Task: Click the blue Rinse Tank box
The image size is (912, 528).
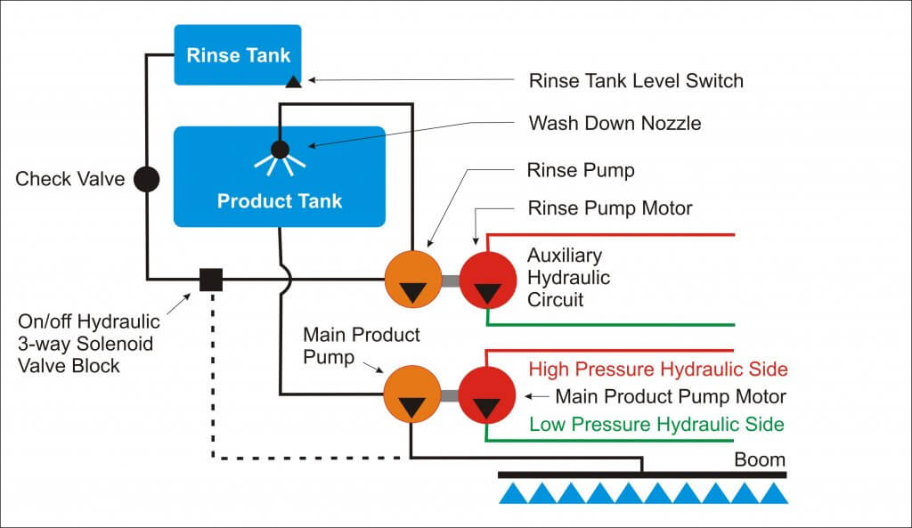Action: click(238, 54)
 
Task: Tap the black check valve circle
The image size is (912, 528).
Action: click(146, 179)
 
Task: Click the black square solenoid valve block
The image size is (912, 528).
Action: click(211, 280)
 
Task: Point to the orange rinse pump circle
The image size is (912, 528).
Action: click(412, 280)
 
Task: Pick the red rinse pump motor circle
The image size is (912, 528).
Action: click(487, 280)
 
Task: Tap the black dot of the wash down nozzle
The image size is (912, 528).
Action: click(280, 150)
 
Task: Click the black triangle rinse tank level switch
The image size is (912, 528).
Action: click(293, 83)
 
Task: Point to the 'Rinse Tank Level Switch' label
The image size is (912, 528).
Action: click(636, 81)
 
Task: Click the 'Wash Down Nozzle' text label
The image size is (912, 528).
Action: click(615, 123)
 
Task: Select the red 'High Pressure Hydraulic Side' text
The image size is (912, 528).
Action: click(658, 369)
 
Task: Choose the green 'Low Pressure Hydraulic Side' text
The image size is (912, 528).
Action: click(656, 424)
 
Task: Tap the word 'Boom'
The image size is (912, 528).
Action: click(760, 459)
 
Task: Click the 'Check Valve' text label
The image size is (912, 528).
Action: click(69, 179)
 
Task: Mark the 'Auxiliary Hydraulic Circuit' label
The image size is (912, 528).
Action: click(568, 278)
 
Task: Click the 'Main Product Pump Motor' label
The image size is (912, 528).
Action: click(671, 396)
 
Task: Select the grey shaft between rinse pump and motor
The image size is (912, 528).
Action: click(450, 280)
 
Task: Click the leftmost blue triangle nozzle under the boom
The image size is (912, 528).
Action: click(511, 493)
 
